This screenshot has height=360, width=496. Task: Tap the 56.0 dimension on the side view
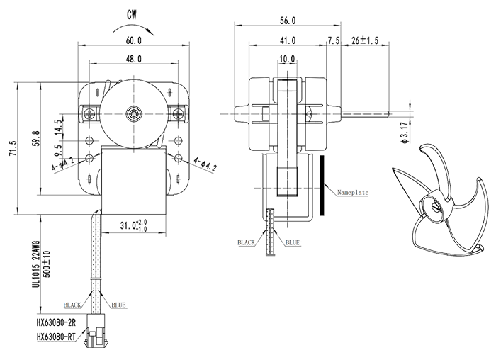click(x=287, y=21)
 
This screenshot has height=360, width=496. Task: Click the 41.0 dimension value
click(x=287, y=41)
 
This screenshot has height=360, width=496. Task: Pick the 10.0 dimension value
click(x=287, y=57)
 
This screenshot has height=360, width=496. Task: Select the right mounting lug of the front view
click(x=176, y=114)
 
